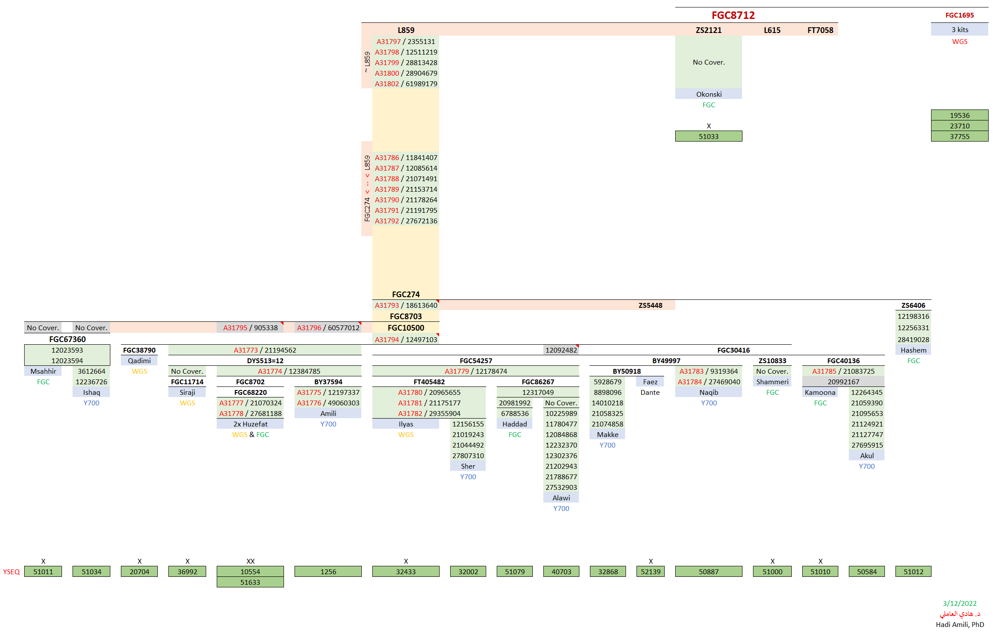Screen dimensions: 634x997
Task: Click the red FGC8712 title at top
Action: (733, 15)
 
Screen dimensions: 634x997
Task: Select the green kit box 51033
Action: (708, 136)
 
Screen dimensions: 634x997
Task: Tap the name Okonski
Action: (709, 94)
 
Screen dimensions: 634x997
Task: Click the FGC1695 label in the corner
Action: (959, 15)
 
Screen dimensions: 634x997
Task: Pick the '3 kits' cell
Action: (960, 29)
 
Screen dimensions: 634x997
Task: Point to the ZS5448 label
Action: (650, 305)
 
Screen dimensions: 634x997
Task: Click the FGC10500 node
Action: (406, 328)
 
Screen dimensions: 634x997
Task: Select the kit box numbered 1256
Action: (328, 572)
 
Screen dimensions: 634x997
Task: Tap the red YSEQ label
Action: (11, 572)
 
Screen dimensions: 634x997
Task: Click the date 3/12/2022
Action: (959, 603)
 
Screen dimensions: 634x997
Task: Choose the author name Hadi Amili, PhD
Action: (960, 624)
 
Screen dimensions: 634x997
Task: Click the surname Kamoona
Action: (820, 392)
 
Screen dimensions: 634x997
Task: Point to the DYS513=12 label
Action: (265, 361)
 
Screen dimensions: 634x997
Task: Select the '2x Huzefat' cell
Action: (250, 424)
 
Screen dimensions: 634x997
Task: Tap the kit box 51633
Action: (250, 582)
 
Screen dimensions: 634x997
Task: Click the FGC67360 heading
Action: (67, 339)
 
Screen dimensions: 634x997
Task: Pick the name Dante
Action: (650, 392)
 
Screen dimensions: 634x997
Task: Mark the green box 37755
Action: (959, 136)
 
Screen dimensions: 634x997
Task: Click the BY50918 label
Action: (626, 371)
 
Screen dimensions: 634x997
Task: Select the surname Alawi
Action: (561, 498)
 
